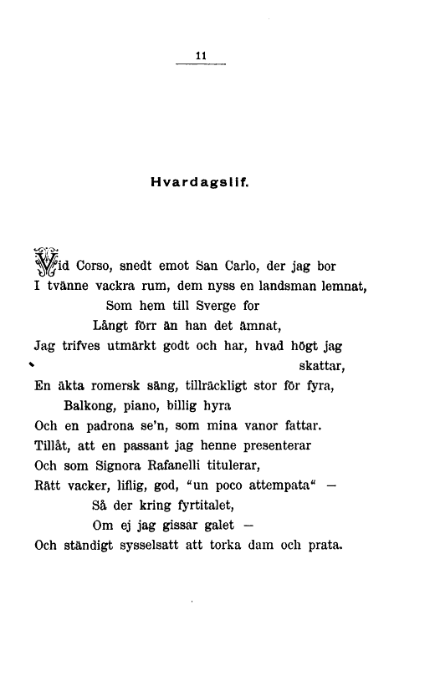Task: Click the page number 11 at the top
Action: (201, 56)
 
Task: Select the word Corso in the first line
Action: (95, 267)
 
